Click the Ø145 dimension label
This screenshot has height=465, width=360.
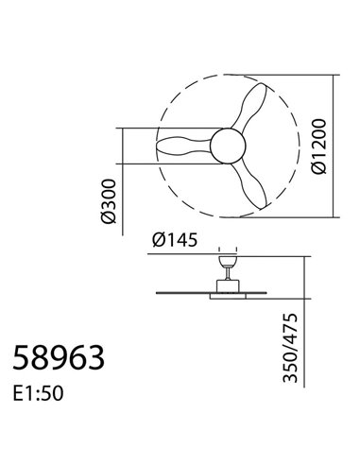pos(174,240)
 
